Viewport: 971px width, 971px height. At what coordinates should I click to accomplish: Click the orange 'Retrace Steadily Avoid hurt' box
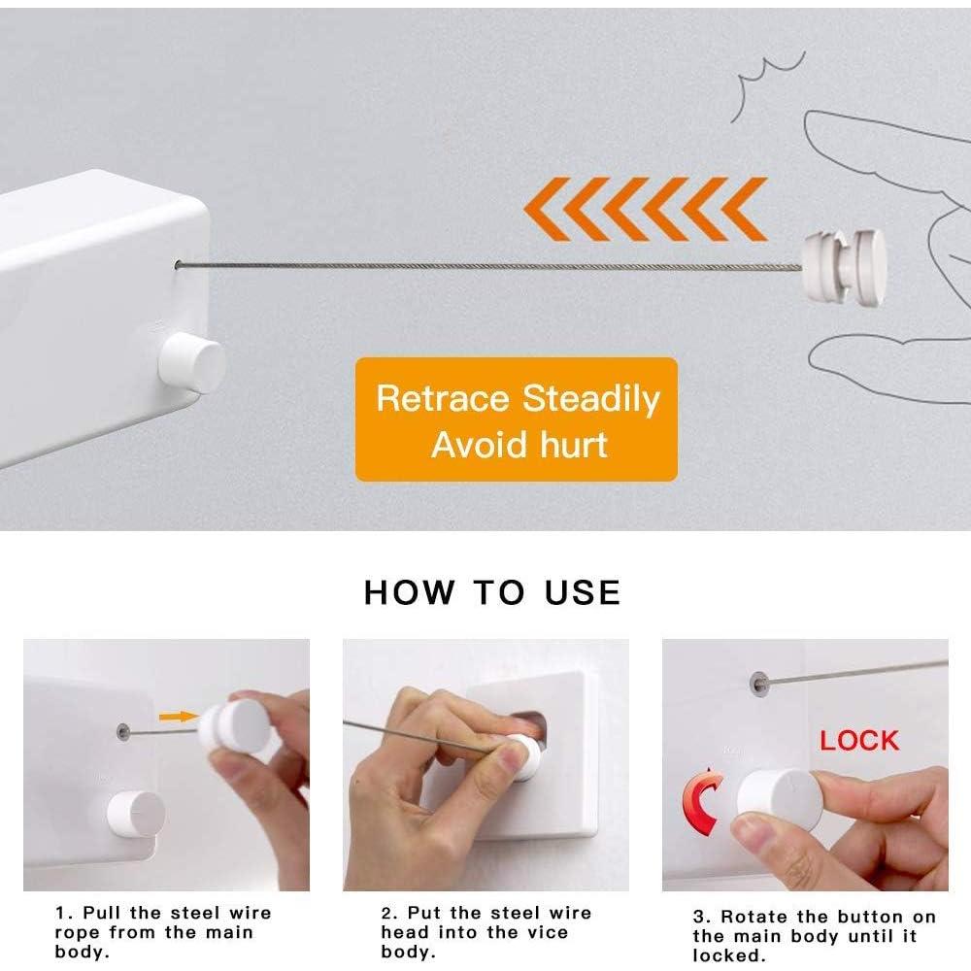pyautogui.click(x=516, y=419)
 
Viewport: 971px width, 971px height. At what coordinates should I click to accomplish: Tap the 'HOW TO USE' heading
pyautogui.click(x=492, y=592)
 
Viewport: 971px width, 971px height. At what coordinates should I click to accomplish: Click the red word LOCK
pyautogui.click(x=859, y=741)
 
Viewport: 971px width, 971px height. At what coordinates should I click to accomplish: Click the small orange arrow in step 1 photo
pyautogui.click(x=175, y=717)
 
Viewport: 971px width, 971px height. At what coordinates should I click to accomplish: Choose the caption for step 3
pyautogui.click(x=814, y=936)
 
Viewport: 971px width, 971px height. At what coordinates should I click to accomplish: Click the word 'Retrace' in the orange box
pyautogui.click(x=444, y=399)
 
